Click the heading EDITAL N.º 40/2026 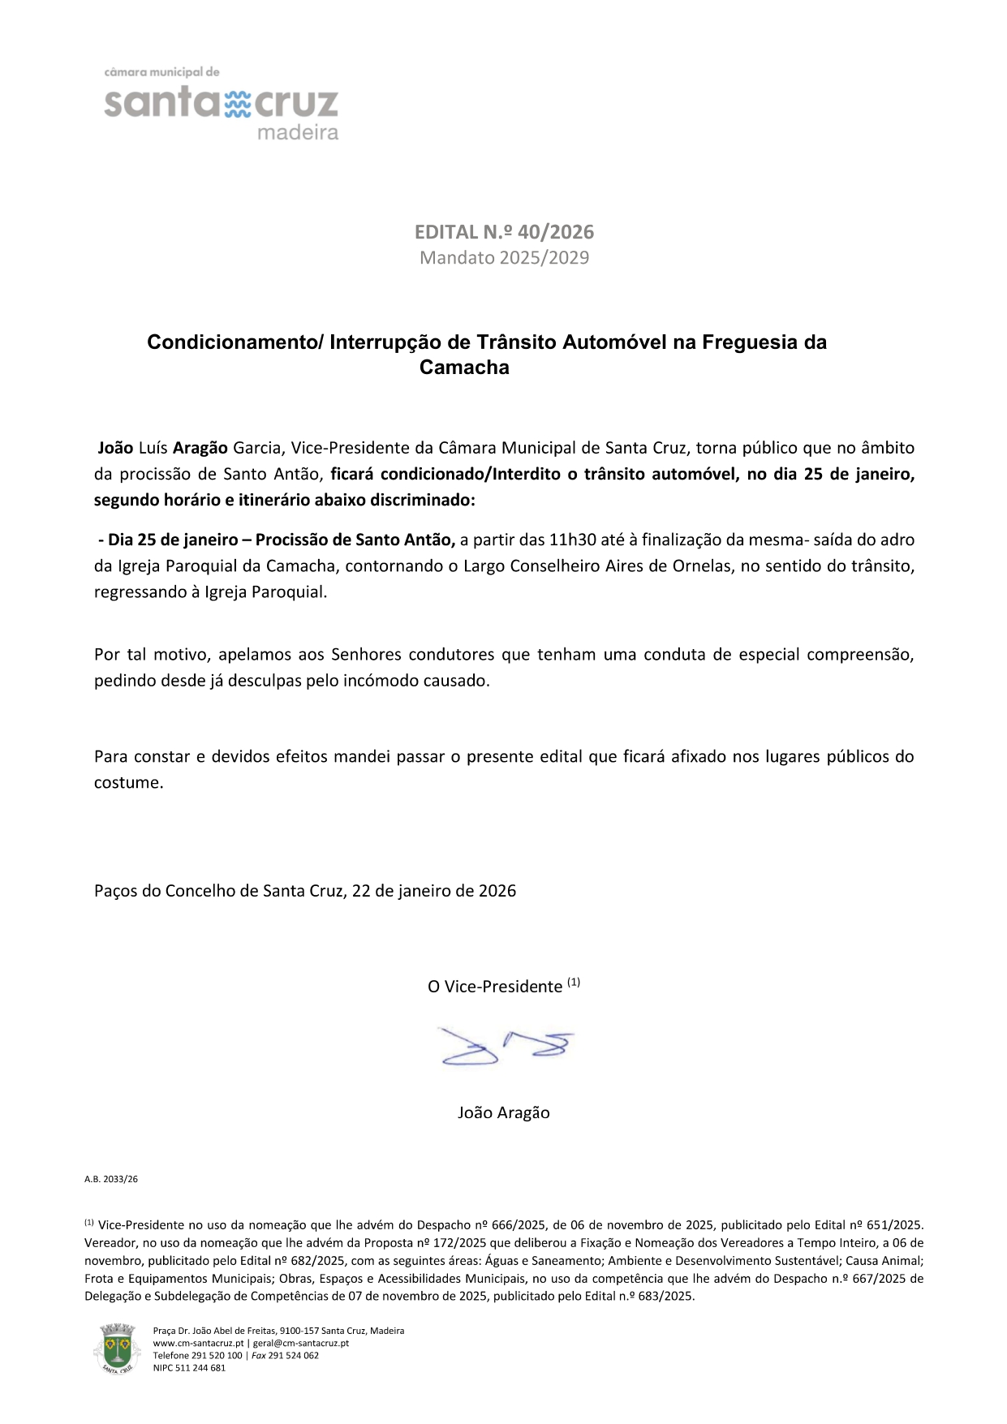[x=504, y=232]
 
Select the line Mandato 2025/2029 [x=504, y=258]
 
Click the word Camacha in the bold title [x=464, y=368]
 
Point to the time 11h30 [x=570, y=539]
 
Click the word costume [x=128, y=783]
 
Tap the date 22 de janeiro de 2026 [x=434, y=890]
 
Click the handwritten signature [x=505, y=1047]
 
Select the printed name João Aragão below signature [x=503, y=1112]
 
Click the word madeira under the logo [x=297, y=133]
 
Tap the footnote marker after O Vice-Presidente [x=574, y=983]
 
